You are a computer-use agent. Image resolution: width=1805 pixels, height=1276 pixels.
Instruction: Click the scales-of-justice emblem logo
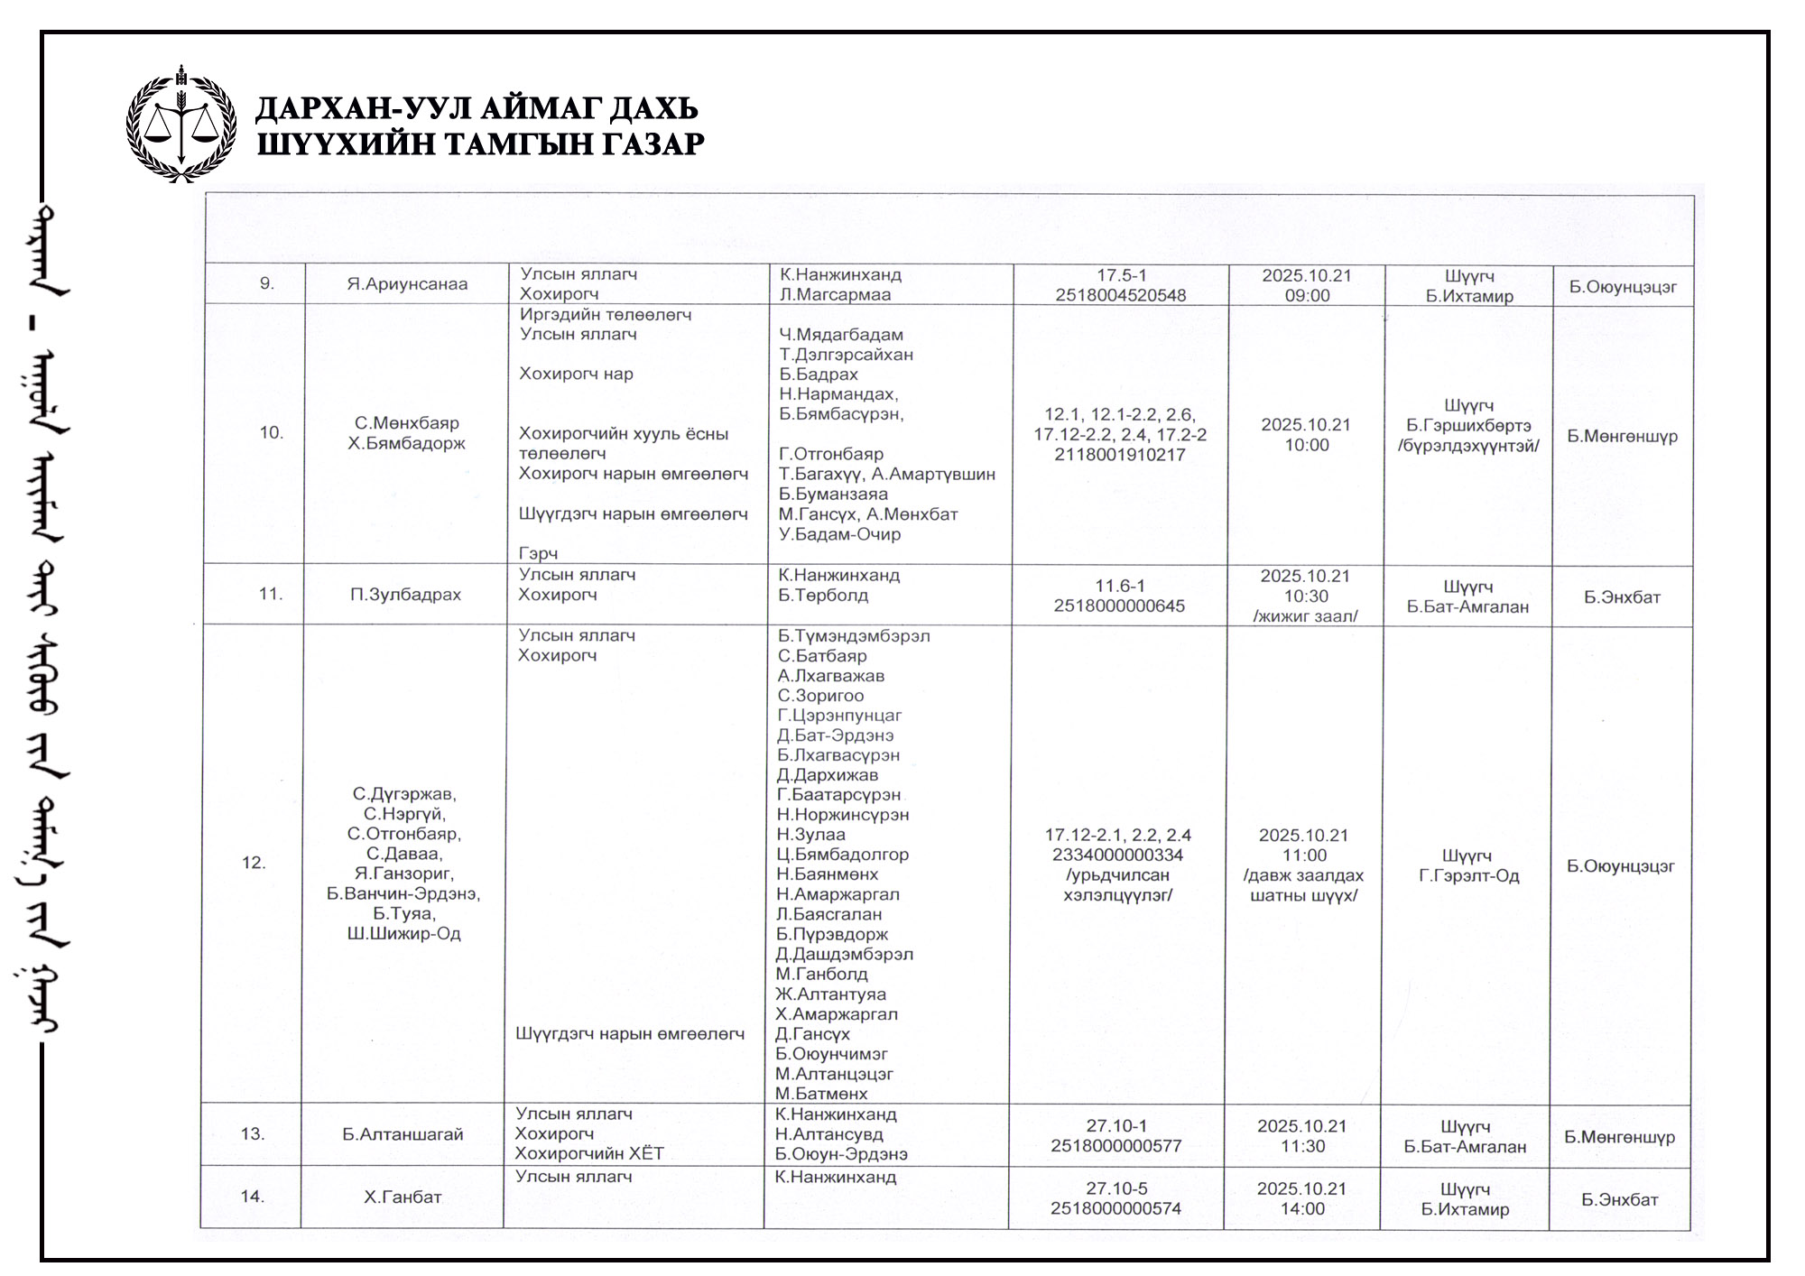coord(181,124)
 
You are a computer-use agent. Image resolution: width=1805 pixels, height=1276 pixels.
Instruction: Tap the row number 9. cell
coord(267,283)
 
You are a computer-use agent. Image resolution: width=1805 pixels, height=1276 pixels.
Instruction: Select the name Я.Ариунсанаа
coord(407,284)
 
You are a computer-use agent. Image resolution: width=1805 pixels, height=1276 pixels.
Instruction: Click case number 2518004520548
coord(1121,295)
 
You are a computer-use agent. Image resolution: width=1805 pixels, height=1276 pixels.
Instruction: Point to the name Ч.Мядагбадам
coord(841,335)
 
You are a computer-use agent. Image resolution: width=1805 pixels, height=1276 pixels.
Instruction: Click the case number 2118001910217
coord(1120,455)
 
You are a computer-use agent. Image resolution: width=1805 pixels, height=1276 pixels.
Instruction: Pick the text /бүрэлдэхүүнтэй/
coord(1468,446)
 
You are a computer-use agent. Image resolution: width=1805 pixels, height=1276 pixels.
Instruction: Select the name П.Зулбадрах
coord(406,595)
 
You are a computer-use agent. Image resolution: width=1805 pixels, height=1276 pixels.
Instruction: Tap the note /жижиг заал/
coord(1305,616)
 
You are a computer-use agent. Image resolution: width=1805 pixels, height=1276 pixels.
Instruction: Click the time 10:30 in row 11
coord(1306,596)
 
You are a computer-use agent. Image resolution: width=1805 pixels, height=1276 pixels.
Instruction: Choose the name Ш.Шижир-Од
coord(404,934)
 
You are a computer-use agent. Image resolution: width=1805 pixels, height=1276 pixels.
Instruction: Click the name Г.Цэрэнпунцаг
coord(839,716)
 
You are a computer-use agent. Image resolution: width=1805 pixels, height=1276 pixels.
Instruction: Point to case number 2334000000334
coord(1117,855)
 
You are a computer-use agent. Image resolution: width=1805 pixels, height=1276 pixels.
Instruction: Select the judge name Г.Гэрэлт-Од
coord(1468,876)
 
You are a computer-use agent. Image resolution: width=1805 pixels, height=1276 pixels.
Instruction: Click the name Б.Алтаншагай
coord(403,1134)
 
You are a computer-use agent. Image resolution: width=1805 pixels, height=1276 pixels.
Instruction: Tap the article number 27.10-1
coord(1116,1126)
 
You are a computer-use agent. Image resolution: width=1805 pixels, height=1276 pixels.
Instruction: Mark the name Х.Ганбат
coord(403,1197)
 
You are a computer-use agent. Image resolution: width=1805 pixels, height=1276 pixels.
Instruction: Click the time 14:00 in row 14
coord(1302,1209)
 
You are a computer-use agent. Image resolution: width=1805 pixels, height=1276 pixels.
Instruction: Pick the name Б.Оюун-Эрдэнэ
coord(841,1154)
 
